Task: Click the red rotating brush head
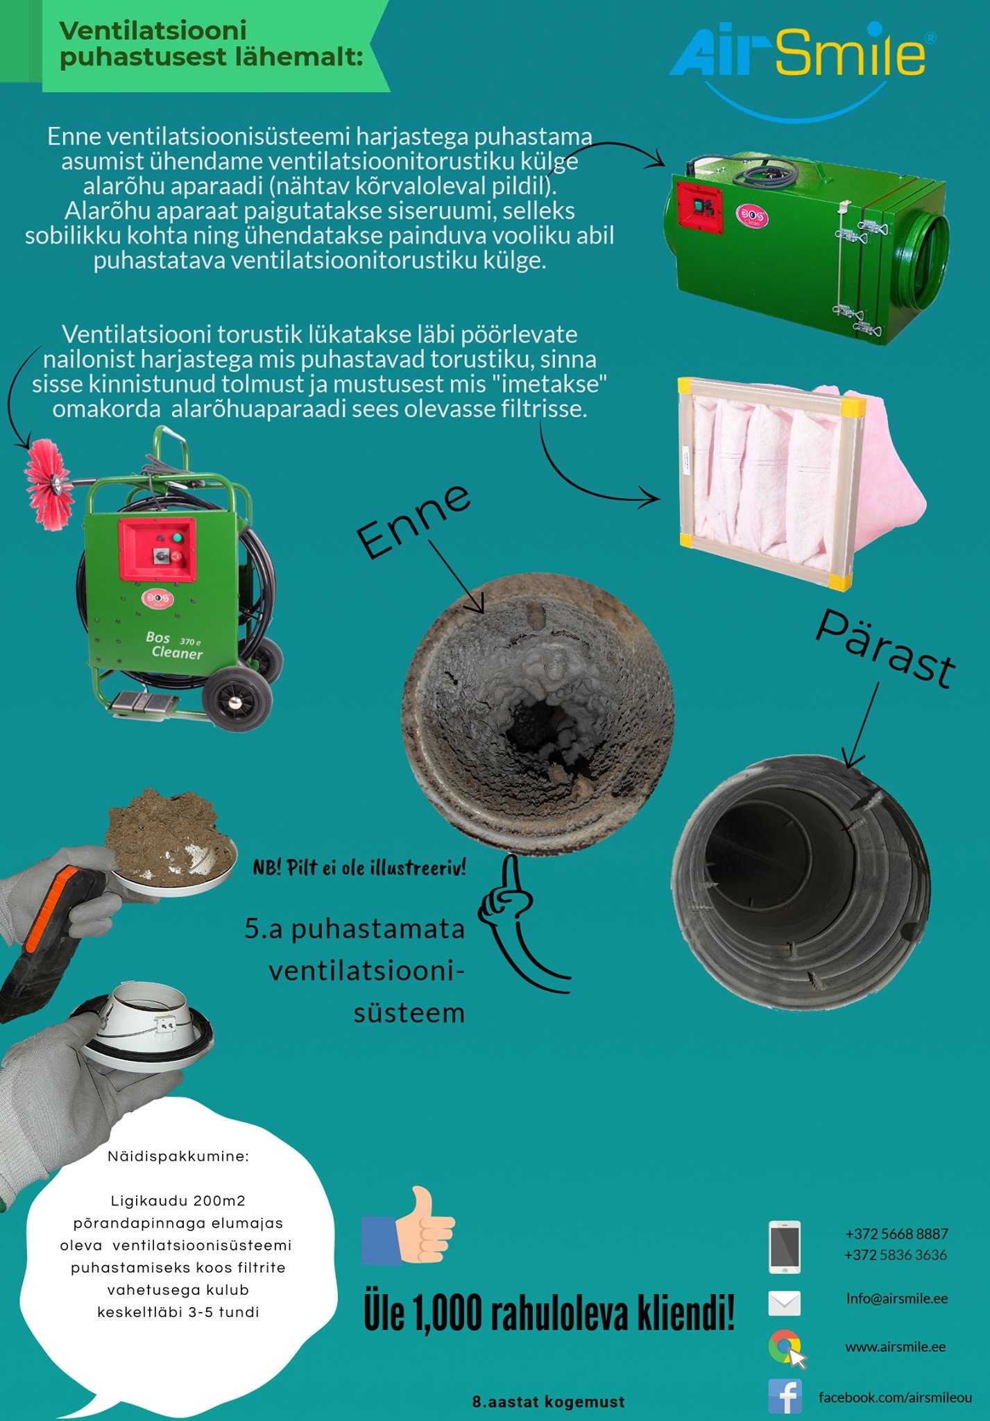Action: point(49,484)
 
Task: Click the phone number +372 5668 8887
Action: point(896,1234)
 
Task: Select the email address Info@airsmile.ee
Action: point(897,1298)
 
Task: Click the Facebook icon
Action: point(785,1396)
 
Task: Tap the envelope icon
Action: point(785,1303)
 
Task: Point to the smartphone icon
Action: point(785,1247)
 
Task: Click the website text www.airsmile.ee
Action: point(896,1347)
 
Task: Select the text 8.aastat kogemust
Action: point(548,1402)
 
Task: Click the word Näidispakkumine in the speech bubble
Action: point(178,1156)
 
